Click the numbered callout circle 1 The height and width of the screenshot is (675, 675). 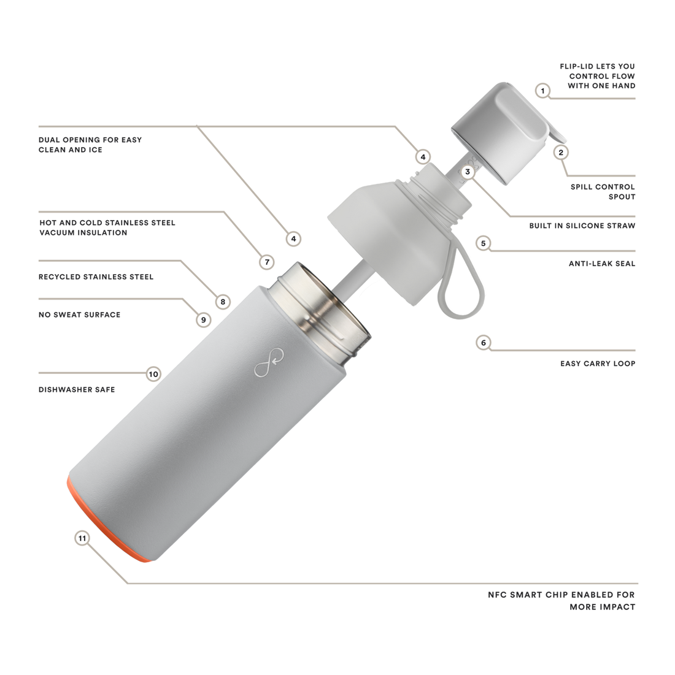(541, 91)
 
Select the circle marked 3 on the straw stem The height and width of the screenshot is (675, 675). (468, 172)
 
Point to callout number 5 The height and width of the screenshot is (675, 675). (483, 243)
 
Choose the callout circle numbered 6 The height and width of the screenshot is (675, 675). (483, 343)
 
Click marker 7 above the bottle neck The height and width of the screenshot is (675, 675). (266, 262)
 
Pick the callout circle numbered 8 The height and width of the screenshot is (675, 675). (223, 301)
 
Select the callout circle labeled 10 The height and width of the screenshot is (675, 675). (153, 373)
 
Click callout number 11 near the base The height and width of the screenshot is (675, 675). (82, 538)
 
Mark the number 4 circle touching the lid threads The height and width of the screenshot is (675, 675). (422, 157)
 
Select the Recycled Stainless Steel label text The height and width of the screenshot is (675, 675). (95, 276)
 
